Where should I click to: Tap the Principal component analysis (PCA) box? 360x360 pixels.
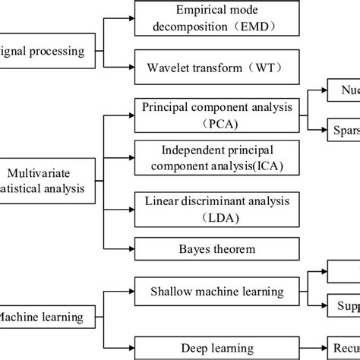(216, 115)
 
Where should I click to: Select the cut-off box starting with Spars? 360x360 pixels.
(343, 129)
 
